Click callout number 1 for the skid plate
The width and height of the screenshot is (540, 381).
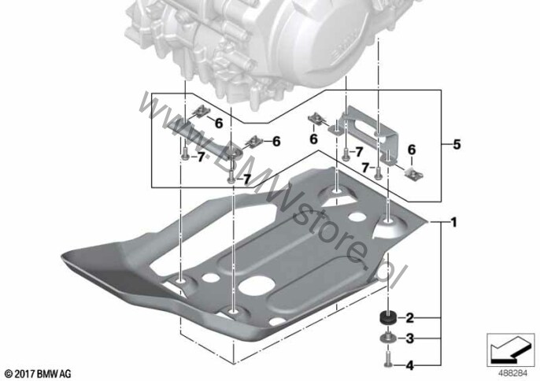[454, 222]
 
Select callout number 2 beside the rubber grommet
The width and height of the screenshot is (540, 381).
[410, 317]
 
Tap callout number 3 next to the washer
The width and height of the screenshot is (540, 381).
[410, 338]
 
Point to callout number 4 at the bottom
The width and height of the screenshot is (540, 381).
[410, 365]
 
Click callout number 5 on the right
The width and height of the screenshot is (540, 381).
[457, 144]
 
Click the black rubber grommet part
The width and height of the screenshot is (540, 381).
[388, 317]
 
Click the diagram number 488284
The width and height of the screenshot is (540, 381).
[513, 373]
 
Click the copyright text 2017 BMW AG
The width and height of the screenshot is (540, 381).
[39, 374]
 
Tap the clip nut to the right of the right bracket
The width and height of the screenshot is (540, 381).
[414, 175]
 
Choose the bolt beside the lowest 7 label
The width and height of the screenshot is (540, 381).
[231, 178]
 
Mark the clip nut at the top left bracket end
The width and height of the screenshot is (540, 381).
[201, 111]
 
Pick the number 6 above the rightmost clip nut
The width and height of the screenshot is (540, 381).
[412, 150]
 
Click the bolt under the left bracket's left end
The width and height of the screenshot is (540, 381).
[185, 154]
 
